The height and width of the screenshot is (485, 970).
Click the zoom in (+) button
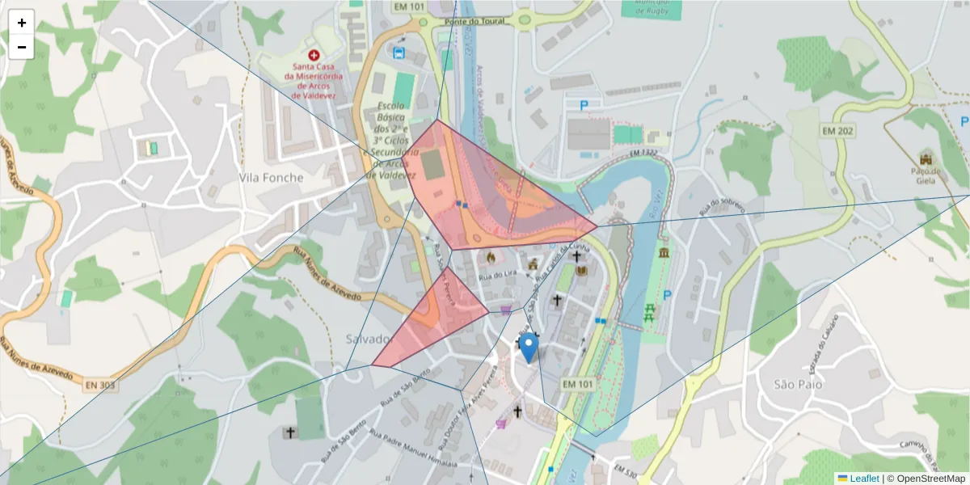(x=22, y=23)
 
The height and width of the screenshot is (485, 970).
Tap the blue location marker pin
(x=529, y=347)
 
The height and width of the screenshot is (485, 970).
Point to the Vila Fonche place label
(x=272, y=178)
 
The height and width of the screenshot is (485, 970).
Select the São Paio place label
(x=797, y=384)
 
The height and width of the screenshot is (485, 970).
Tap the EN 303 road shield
(x=101, y=386)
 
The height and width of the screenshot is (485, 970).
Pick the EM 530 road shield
(x=626, y=470)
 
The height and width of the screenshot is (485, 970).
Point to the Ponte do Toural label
(x=474, y=21)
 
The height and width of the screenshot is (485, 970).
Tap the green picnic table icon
(x=649, y=311)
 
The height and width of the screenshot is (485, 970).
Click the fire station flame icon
(x=489, y=258)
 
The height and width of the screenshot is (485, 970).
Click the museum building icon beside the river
(x=664, y=255)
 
